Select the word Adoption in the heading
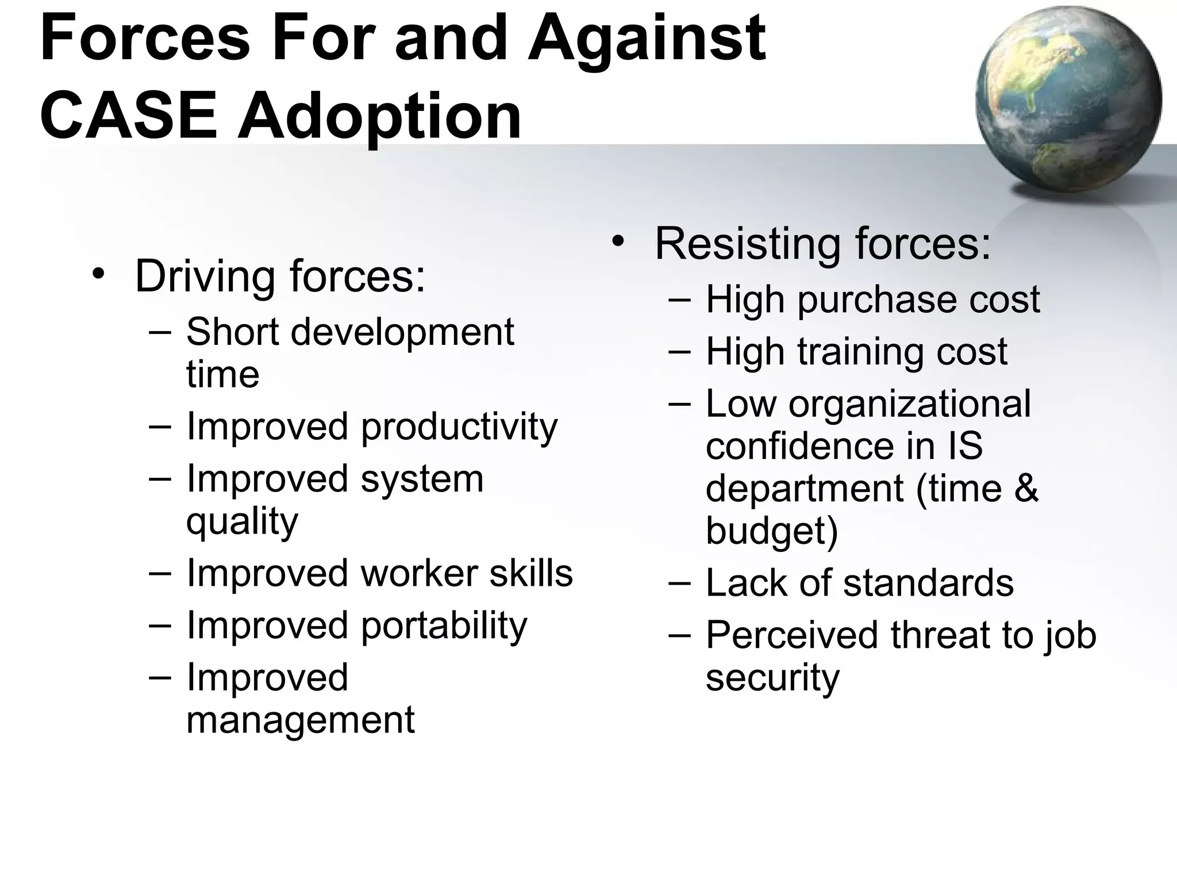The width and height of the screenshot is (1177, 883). point(379,118)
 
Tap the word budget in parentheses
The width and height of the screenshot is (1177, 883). point(767,530)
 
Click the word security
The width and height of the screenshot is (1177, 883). point(772,678)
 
